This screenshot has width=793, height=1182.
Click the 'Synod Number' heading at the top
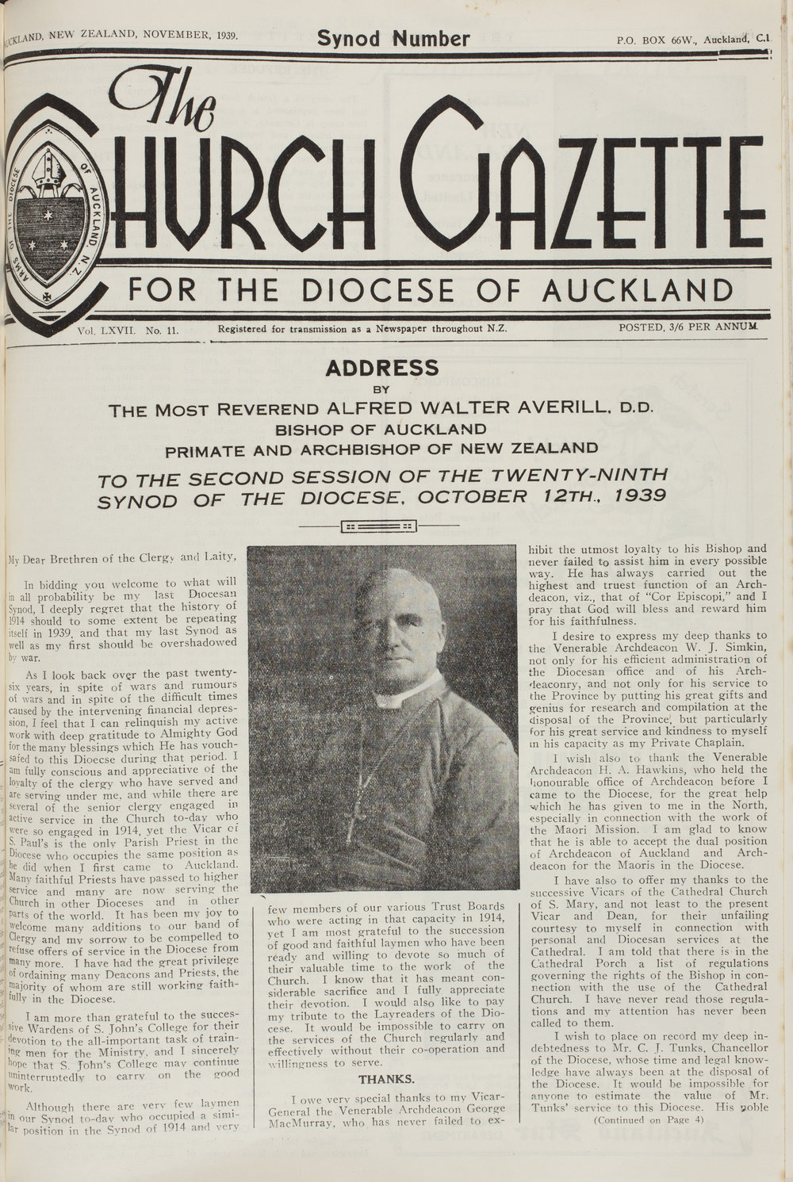(393, 37)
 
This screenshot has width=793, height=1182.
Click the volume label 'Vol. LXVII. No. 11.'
(127, 327)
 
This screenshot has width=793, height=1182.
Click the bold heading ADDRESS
(382, 368)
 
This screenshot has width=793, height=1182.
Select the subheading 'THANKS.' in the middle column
(386, 1079)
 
